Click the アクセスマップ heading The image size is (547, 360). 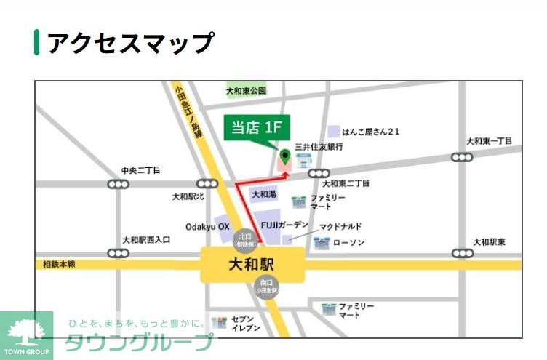(x=130, y=43)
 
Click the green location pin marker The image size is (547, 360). (x=285, y=155)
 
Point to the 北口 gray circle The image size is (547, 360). (x=244, y=238)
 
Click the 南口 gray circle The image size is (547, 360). (x=266, y=287)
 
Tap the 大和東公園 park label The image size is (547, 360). (x=246, y=91)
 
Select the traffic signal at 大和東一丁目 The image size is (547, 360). (x=462, y=156)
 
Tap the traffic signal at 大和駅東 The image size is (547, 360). (x=462, y=253)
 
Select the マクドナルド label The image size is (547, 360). (x=340, y=226)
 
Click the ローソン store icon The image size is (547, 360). (x=321, y=242)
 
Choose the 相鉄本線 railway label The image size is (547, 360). (x=55, y=265)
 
